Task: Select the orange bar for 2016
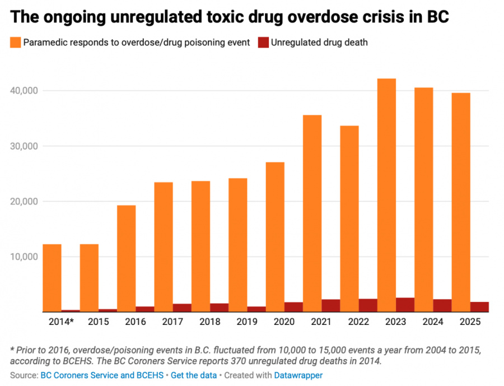tap(126, 258)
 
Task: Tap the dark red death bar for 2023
tap(405, 305)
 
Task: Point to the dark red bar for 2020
tap(293, 307)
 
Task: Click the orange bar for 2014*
tap(52, 278)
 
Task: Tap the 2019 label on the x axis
tap(247, 323)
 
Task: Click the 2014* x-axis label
tap(62, 323)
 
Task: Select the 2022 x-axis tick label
tap(358, 323)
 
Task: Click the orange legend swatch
tap(15, 42)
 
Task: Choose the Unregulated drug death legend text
tap(319, 42)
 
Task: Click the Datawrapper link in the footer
tap(298, 375)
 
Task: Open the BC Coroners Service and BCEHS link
tap(102, 375)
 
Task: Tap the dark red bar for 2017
tap(182, 308)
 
